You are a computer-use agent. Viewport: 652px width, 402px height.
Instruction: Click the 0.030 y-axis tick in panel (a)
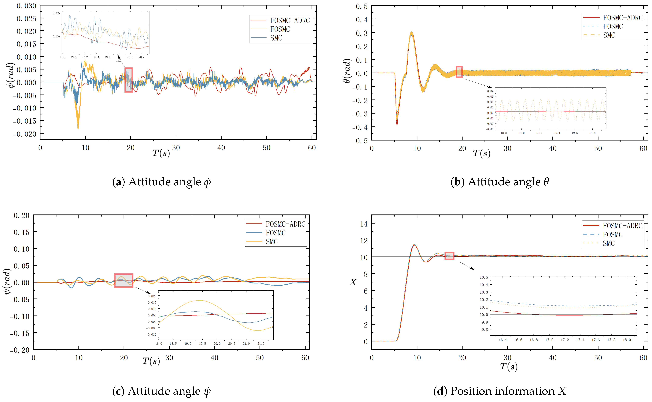click(26, 6)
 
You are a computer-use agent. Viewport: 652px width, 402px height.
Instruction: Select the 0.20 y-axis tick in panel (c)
click(22, 215)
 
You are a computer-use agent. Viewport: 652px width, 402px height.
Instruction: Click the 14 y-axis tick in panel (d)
click(364, 224)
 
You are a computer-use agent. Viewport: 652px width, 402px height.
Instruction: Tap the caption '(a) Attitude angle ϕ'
click(162, 182)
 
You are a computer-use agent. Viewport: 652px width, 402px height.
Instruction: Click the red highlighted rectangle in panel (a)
click(129, 80)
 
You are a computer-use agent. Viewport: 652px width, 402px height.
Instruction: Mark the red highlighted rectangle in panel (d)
click(449, 256)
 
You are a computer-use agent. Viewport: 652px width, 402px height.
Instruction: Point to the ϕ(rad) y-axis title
click(10, 75)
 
